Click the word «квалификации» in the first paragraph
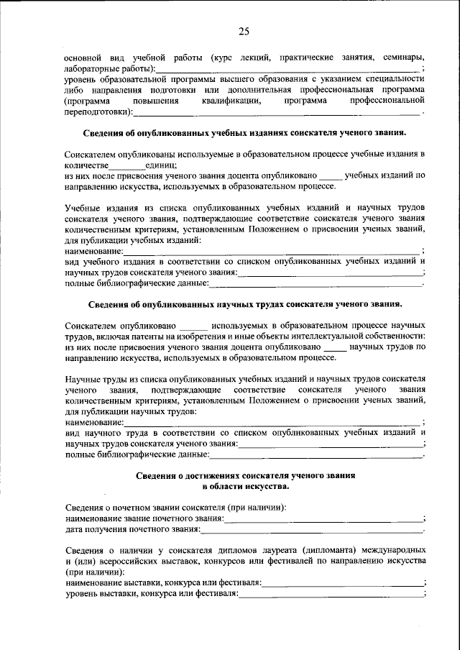click(x=226, y=101)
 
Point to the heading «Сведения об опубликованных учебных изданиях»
click(x=244, y=133)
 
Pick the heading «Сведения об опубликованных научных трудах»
click(x=244, y=305)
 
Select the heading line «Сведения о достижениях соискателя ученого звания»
click(x=244, y=476)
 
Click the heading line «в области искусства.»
click(x=244, y=487)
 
